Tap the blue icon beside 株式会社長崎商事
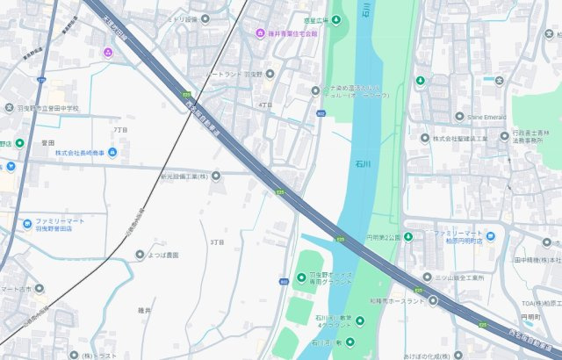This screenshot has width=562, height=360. [112, 153]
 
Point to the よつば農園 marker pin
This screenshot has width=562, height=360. [139, 255]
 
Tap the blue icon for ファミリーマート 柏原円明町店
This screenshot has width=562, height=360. [490, 236]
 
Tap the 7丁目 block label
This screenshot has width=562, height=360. [120, 129]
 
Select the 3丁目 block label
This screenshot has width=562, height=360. [218, 241]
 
